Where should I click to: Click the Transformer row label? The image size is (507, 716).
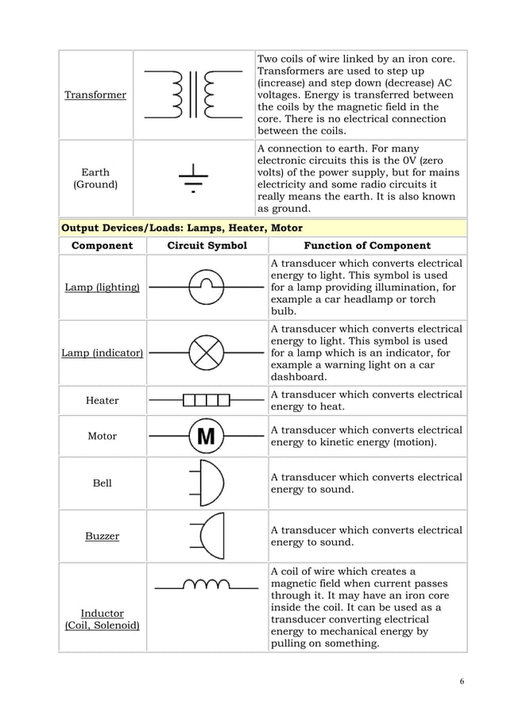(x=95, y=95)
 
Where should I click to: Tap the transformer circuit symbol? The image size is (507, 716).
(x=194, y=94)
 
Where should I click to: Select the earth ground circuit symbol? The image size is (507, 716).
(x=192, y=179)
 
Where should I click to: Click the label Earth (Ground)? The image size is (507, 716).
(x=95, y=179)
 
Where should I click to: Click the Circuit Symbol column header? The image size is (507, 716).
(x=207, y=245)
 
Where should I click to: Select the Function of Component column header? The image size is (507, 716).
(x=367, y=245)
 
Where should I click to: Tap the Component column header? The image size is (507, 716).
(x=102, y=245)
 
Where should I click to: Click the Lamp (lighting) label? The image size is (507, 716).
(x=102, y=287)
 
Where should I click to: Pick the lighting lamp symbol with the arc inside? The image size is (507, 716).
(x=207, y=286)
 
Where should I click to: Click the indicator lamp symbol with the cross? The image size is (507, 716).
(x=207, y=352)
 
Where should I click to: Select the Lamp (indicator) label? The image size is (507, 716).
(x=102, y=352)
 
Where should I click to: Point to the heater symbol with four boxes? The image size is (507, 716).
(x=207, y=399)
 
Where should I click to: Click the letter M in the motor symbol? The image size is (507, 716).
(x=206, y=436)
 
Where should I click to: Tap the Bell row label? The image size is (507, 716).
(x=102, y=483)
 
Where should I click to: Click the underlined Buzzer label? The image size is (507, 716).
(x=102, y=536)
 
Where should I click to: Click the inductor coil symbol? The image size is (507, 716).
(x=206, y=586)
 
